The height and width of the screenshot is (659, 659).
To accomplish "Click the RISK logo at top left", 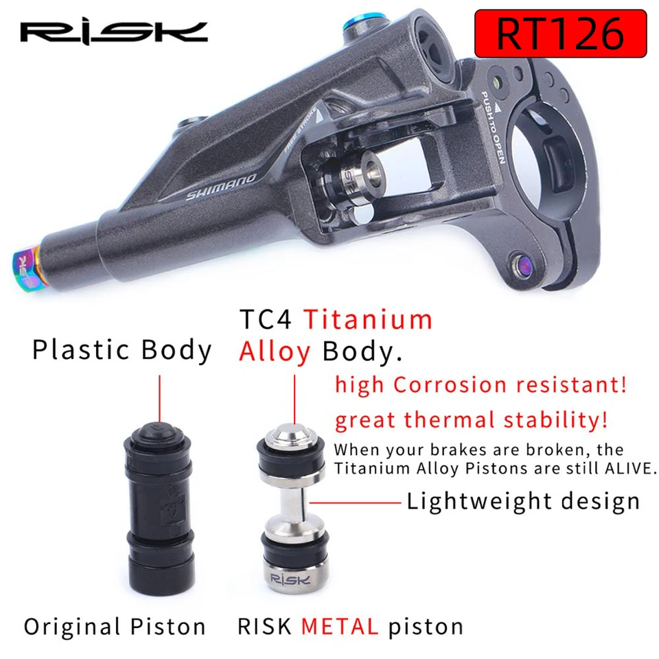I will click(x=113, y=32).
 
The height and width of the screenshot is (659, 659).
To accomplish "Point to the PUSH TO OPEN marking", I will click(x=492, y=127).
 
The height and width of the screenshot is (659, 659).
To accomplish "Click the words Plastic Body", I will click(x=122, y=350).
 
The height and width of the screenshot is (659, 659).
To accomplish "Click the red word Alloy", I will click(x=275, y=351).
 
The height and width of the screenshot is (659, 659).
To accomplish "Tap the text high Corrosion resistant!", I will click(x=481, y=384).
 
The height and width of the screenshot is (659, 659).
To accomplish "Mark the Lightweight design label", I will click(x=523, y=501).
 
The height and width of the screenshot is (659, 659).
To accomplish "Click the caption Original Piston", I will click(x=115, y=627).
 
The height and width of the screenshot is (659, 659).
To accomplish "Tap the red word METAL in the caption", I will click(x=340, y=627).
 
